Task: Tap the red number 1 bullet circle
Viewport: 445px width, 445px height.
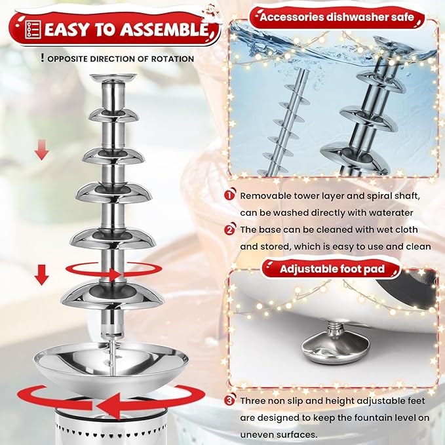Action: tap(230, 195)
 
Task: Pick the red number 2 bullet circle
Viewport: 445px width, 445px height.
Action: tap(230, 229)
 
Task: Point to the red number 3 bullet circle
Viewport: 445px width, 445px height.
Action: tap(230, 400)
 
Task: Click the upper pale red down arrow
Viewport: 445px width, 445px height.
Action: tap(42, 150)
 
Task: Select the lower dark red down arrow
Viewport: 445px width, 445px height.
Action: tap(42, 275)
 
